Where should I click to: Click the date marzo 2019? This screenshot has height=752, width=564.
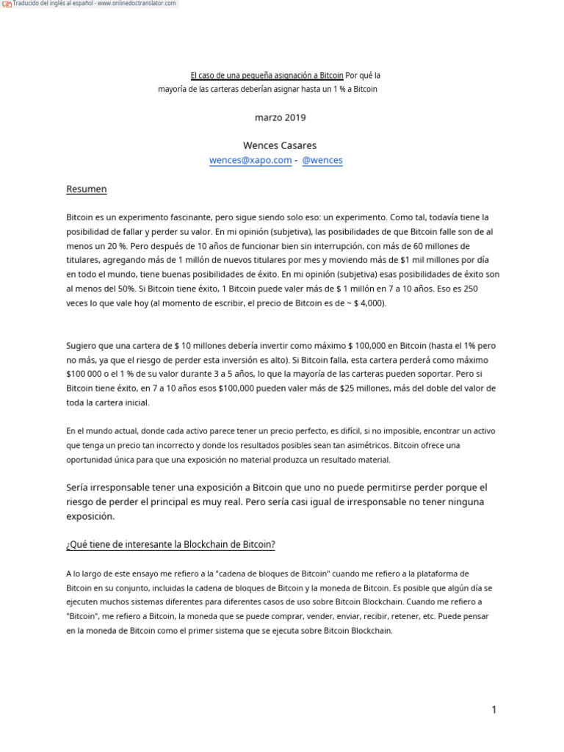[281, 117]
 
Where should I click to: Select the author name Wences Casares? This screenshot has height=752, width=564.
[280, 145]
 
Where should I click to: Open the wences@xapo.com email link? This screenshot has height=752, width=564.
[250, 160]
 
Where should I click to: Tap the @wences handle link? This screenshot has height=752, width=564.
[322, 160]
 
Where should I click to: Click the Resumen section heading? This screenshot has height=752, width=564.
[87, 189]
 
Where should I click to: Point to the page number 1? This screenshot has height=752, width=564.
[494, 709]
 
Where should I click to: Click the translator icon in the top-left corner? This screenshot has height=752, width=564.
[7, 4]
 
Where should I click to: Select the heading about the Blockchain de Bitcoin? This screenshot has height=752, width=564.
[170, 544]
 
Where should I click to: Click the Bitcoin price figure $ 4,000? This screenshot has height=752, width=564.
[367, 303]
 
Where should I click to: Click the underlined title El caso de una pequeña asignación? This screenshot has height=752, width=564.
[267, 76]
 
